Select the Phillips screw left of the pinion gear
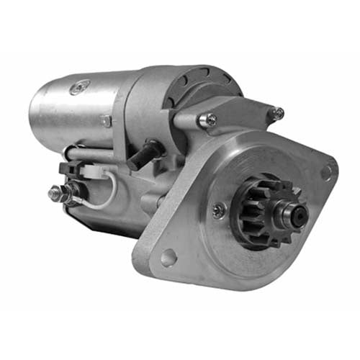(x=219, y=210)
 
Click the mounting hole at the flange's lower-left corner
(x=168, y=256)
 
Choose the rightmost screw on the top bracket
(x=277, y=113)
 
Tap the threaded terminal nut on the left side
(x=56, y=193)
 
